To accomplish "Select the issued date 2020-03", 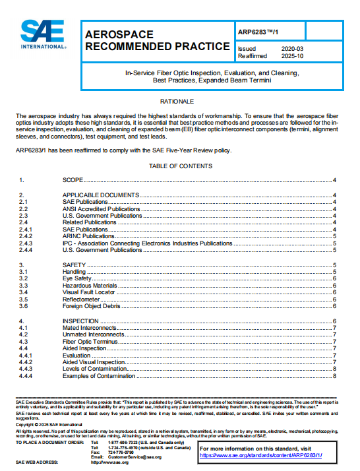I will tap(291, 49).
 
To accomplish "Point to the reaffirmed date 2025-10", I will tap(291, 56).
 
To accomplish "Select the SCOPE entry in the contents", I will tap(74, 180).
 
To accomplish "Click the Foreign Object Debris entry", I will tap(92, 306).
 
